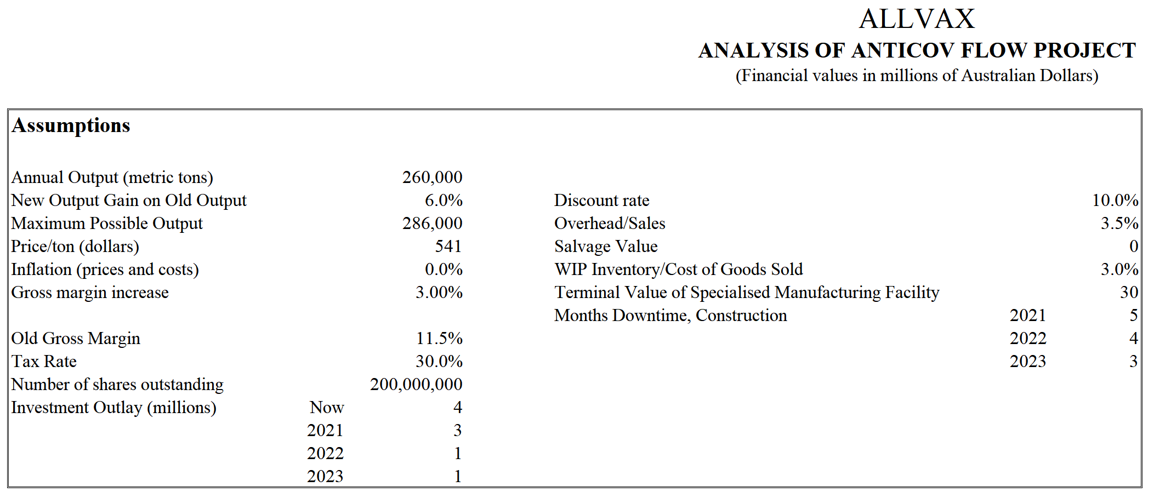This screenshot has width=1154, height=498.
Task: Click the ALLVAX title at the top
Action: [x=917, y=19]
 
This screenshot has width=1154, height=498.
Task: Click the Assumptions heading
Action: [x=71, y=125]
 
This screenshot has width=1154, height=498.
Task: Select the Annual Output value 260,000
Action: [x=432, y=177]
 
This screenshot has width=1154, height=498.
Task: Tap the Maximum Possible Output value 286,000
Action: [x=432, y=223]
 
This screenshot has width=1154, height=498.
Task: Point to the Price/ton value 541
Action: [x=448, y=246]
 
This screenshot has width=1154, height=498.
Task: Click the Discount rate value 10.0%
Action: [x=1115, y=200]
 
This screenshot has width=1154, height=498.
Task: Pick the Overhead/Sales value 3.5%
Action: [x=1119, y=223]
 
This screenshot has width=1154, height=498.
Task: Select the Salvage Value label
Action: [x=606, y=246]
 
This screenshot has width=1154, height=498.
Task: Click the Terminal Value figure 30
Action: [x=1129, y=292]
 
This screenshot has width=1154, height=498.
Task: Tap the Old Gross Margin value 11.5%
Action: [x=439, y=338]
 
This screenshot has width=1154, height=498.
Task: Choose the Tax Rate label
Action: [x=44, y=361]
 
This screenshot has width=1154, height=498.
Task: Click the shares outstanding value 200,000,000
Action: [x=416, y=384]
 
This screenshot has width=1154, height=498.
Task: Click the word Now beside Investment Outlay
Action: [x=327, y=407]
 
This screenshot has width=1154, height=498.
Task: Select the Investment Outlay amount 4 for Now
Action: [x=458, y=407]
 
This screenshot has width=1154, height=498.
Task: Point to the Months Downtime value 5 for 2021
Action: [x=1133, y=315]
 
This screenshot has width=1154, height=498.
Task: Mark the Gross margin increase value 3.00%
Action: [x=439, y=292]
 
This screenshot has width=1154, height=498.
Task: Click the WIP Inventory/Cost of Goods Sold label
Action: [x=679, y=269]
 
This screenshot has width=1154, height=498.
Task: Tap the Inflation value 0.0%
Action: [x=444, y=269]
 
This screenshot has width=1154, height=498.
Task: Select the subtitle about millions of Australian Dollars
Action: [x=917, y=75]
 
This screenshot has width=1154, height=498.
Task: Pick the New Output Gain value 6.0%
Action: [x=444, y=200]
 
